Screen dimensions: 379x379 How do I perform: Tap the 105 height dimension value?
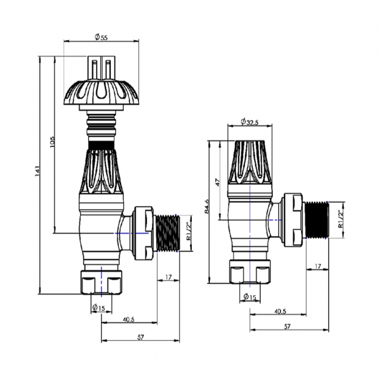pos(51,143)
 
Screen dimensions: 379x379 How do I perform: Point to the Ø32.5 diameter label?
pos(250,122)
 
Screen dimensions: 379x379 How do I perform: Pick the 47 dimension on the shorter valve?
pos(217,183)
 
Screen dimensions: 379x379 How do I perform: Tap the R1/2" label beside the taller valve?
pos(188,232)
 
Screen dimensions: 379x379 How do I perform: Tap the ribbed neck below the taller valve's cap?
pos(102,126)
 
